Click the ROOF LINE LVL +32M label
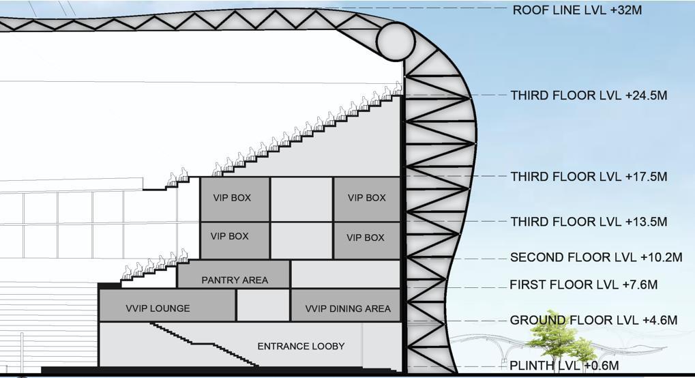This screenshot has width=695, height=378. point(577,10)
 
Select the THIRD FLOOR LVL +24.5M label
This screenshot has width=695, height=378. point(589,96)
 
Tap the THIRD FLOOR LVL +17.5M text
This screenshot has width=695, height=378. point(589,177)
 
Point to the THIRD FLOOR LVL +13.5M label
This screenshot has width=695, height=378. point(589,222)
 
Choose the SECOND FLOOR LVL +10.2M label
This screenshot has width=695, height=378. point(596,258)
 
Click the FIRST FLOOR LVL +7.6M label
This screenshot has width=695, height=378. point(583,285)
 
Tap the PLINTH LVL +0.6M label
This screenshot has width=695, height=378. point(564,366)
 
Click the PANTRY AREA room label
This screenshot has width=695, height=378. point(235,280)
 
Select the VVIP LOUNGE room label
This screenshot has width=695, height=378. point(158,308)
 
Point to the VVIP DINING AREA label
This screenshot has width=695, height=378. point(348,308)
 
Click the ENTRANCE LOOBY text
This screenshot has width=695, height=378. point(301,347)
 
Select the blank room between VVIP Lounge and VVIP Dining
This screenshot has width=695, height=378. point(263,305)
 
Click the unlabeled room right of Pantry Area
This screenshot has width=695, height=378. point(344,274)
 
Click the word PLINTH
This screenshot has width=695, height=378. point(531,366)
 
